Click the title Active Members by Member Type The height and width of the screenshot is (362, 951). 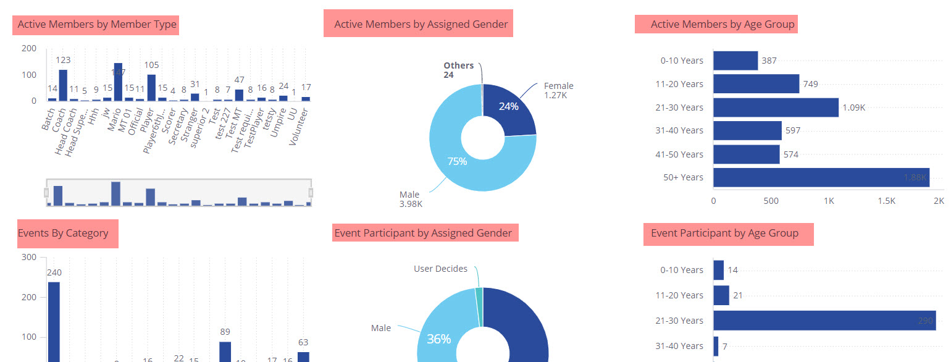(x=97, y=25)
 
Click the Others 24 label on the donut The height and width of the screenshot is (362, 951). (x=458, y=70)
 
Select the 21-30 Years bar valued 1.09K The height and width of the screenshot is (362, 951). (x=776, y=107)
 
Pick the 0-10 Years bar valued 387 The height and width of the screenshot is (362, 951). (x=735, y=61)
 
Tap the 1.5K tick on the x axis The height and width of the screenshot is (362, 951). (x=886, y=201)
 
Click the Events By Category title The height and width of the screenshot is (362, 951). (x=63, y=233)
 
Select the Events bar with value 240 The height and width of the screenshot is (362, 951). (x=54, y=321)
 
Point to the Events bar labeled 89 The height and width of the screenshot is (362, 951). (x=225, y=351)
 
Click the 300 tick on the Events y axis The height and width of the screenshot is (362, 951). (x=28, y=258)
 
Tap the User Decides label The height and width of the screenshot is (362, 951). (x=440, y=269)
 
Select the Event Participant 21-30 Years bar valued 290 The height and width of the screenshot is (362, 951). (x=824, y=321)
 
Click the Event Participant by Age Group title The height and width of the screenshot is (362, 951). (x=724, y=233)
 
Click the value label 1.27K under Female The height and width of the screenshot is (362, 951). (x=556, y=95)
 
